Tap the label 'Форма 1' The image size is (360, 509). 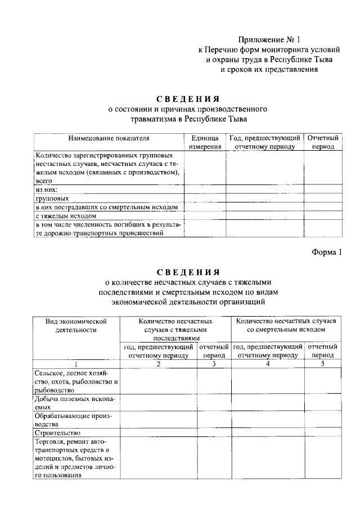[327, 251]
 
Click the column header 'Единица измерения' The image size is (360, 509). [205, 142]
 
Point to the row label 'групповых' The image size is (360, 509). [52, 199]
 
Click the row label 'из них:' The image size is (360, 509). [47, 190]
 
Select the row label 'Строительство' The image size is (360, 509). [57, 433]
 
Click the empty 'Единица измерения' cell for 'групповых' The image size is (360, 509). [205, 199]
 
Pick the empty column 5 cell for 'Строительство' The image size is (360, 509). [322, 433]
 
